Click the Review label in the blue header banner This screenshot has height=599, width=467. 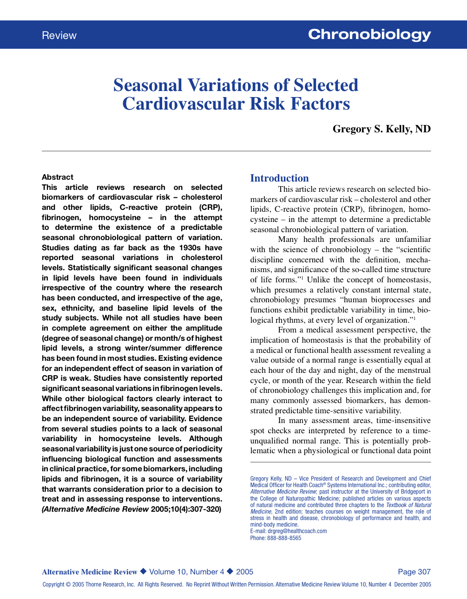(x=59, y=36)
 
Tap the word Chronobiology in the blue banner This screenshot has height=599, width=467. (x=369, y=35)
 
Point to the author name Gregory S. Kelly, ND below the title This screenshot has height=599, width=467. (x=381, y=129)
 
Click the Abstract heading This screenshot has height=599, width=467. (x=58, y=177)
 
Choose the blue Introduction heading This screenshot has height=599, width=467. (x=279, y=178)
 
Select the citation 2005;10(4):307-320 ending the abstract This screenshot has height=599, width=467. (x=186, y=509)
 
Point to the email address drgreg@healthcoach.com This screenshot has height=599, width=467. (x=297, y=531)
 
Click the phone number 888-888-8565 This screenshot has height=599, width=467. (x=284, y=538)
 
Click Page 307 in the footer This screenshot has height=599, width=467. (x=414, y=572)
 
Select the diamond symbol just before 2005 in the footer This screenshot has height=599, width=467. (x=230, y=572)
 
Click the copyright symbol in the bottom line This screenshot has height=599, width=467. (x=68, y=585)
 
